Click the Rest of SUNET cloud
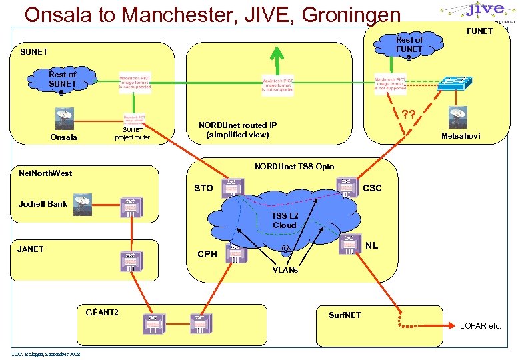pyautogui.click(x=61, y=79)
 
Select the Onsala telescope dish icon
pyautogui.click(x=65, y=118)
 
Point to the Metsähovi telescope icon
pyautogui.click(x=458, y=117)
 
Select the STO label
pyautogui.click(x=203, y=189)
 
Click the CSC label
pyautogui.click(x=372, y=189)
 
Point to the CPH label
pyautogui.click(x=207, y=254)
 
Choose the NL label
pyautogui.click(x=371, y=245)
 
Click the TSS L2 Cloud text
pyautogui.click(x=284, y=220)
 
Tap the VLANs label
pyautogui.click(x=285, y=270)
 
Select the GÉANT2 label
pyautogui.click(x=102, y=312)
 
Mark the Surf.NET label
pyautogui.click(x=345, y=315)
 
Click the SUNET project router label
pyautogui.click(x=132, y=133)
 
